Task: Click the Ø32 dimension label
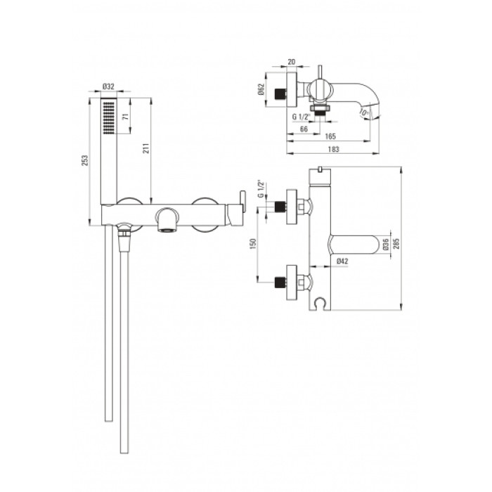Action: (x=108, y=86)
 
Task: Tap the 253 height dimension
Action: (x=85, y=160)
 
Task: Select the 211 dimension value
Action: (x=146, y=148)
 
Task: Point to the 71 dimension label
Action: (x=126, y=117)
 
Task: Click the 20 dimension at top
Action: (x=291, y=62)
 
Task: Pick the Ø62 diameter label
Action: (x=261, y=89)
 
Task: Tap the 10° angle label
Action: (x=363, y=112)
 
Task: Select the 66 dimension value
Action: (x=304, y=129)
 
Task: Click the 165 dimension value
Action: (x=330, y=136)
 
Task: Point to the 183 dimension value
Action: (x=333, y=149)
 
